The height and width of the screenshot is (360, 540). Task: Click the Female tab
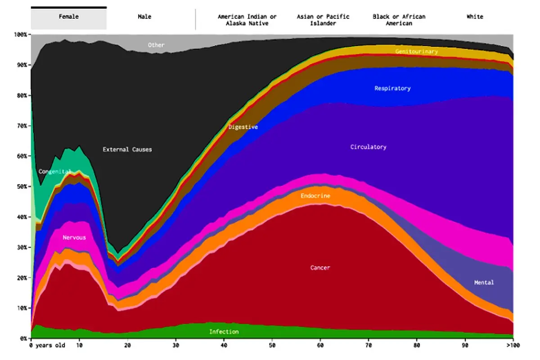pyautogui.click(x=69, y=18)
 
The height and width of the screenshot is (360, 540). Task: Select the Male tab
pyautogui.click(x=144, y=17)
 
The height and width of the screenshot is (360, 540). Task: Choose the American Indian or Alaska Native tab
pyautogui.click(x=247, y=20)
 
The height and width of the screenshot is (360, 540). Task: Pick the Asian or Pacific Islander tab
pyautogui.click(x=323, y=20)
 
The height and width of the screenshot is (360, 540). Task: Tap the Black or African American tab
pyautogui.click(x=399, y=20)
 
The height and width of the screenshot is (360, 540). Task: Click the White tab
pyautogui.click(x=475, y=17)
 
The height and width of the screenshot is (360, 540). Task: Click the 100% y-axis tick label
pyautogui.click(x=21, y=35)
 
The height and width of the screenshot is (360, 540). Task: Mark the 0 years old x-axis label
pyautogui.click(x=47, y=346)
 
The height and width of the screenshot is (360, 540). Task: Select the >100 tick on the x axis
pyautogui.click(x=513, y=346)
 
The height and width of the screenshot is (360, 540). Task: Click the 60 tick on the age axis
pyautogui.click(x=320, y=346)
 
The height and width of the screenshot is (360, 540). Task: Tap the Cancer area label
pyautogui.click(x=320, y=268)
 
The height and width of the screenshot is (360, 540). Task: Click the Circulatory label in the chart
pyautogui.click(x=369, y=147)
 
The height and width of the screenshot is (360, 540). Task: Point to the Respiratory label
pyautogui.click(x=392, y=89)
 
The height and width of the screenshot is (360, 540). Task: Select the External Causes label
pyautogui.click(x=127, y=149)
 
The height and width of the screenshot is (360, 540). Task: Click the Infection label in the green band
pyautogui.click(x=224, y=332)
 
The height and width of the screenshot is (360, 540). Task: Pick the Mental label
pyautogui.click(x=484, y=282)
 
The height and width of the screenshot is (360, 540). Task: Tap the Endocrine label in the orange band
pyautogui.click(x=315, y=196)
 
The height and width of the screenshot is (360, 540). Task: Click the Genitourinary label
pyautogui.click(x=417, y=52)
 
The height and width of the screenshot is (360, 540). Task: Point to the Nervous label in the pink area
pyautogui.click(x=74, y=238)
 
